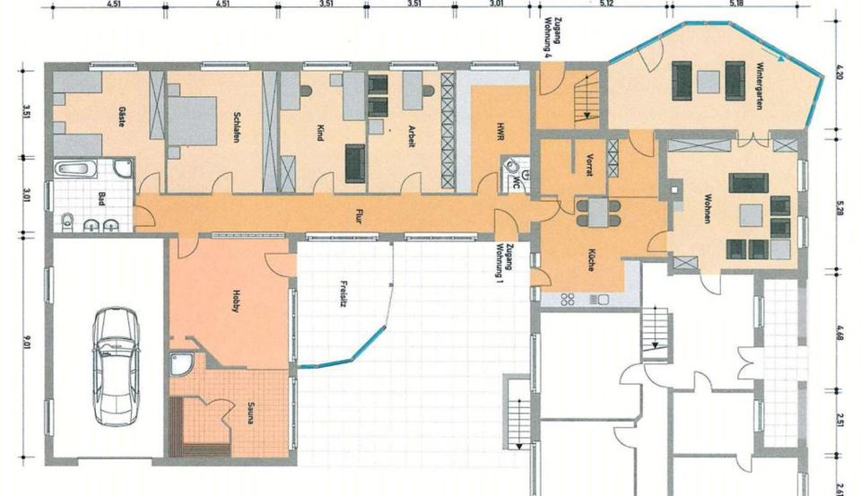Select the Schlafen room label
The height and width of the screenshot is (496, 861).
[x=236, y=121]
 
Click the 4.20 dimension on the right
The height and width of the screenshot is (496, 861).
[x=839, y=71]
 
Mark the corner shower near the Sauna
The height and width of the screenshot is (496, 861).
[x=181, y=364]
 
